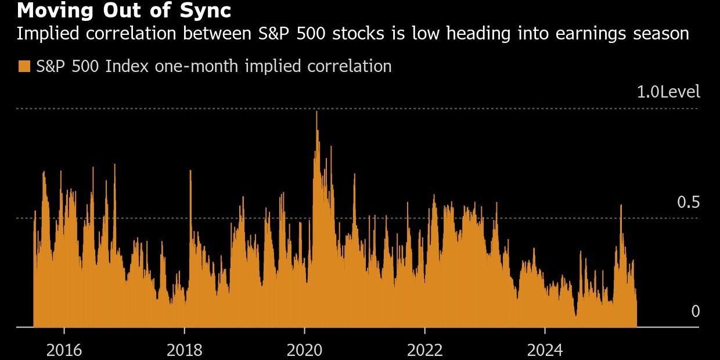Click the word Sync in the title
tap(206, 10)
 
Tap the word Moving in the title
tap(55, 10)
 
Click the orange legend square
tap(24, 66)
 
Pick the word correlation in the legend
tap(350, 66)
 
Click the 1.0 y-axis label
tap(647, 92)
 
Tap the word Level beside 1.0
tap(679, 92)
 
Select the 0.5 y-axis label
tap(688, 203)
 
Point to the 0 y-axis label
tap(696, 311)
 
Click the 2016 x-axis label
tap(64, 350)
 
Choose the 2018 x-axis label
tap(185, 350)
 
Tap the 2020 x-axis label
tap(304, 350)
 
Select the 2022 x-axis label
tap(425, 350)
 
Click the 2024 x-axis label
tap(545, 350)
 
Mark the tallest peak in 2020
tap(316, 112)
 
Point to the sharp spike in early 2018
tap(190, 171)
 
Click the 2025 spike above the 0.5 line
tap(621, 206)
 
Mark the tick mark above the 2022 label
tap(425, 331)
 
